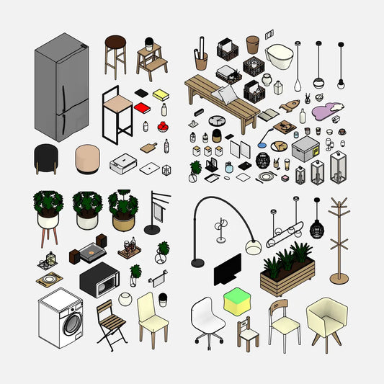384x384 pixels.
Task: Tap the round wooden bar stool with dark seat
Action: coord(115,43)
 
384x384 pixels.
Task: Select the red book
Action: coord(143,108)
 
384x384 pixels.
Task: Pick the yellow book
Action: coord(160,94)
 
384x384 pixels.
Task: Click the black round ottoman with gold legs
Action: coord(48,157)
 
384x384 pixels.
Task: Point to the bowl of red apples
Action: coord(163,127)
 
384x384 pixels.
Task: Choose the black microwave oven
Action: coord(99,280)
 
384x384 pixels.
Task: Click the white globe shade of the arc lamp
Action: coord(252,247)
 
